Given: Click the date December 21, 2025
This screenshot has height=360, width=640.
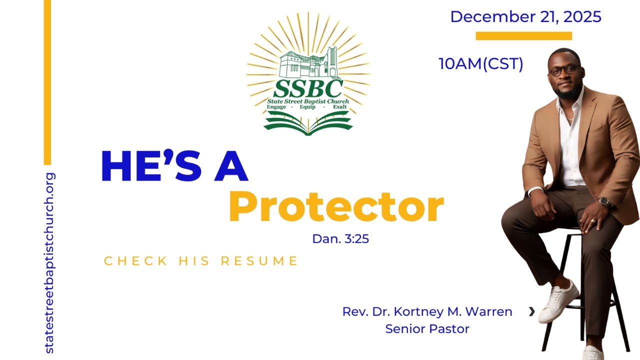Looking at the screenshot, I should pyautogui.click(x=525, y=16).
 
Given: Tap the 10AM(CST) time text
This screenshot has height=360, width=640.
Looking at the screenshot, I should pyautogui.click(x=480, y=64).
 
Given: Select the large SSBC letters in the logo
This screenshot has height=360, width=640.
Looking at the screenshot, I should pyautogui.click(x=308, y=89).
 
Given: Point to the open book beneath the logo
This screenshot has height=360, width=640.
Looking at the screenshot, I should pyautogui.click(x=308, y=124).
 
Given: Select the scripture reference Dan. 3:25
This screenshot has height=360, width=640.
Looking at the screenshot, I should pyautogui.click(x=340, y=239).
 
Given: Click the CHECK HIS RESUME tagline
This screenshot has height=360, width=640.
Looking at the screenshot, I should pyautogui.click(x=201, y=261).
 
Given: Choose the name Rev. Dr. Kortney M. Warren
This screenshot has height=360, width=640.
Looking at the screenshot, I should pyautogui.click(x=427, y=311).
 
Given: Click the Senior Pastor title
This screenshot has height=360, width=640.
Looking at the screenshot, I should pyautogui.click(x=427, y=329).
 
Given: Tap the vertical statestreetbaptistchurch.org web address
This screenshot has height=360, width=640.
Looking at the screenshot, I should pyautogui.click(x=49, y=263).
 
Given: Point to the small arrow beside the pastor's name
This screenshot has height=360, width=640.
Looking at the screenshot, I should pyautogui.click(x=531, y=312).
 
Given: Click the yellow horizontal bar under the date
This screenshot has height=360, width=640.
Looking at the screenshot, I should pyautogui.click(x=523, y=35).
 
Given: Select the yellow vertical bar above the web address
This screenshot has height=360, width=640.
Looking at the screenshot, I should pyautogui.click(x=47, y=82).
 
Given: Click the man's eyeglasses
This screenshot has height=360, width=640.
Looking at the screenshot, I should pyautogui.click(x=564, y=70).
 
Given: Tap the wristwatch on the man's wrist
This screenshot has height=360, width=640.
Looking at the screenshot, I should pyautogui.click(x=605, y=202).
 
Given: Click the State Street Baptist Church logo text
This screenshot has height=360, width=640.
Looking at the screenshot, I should pyautogui.click(x=308, y=101).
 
